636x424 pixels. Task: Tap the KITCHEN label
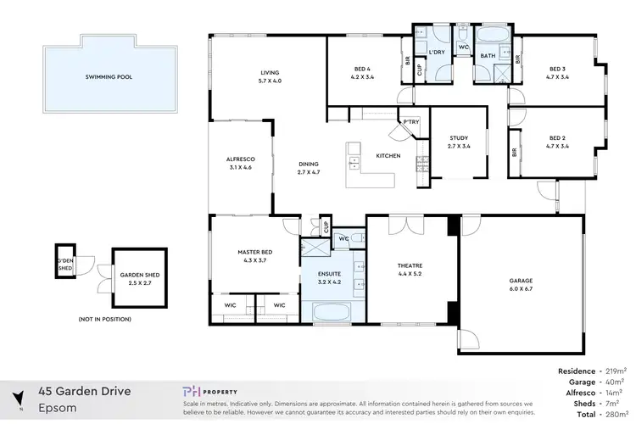pos(388,156)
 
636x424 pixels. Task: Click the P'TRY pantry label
pos(411,122)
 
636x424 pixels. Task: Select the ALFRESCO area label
pos(240,163)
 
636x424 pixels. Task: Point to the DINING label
pos(309,168)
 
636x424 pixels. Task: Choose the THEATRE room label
pos(410,270)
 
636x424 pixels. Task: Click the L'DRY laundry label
pos(438,53)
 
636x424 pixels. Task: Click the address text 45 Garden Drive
pos(83,391)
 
